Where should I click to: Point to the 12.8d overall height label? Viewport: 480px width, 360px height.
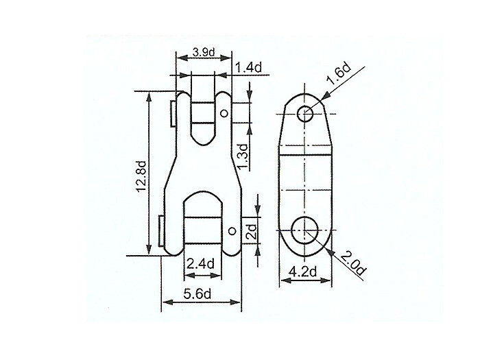[x=141, y=177]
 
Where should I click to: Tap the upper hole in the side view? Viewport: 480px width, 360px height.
[x=305, y=112]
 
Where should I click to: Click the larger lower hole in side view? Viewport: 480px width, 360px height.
[x=305, y=232]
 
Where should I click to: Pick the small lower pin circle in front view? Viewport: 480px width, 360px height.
[x=232, y=230]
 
